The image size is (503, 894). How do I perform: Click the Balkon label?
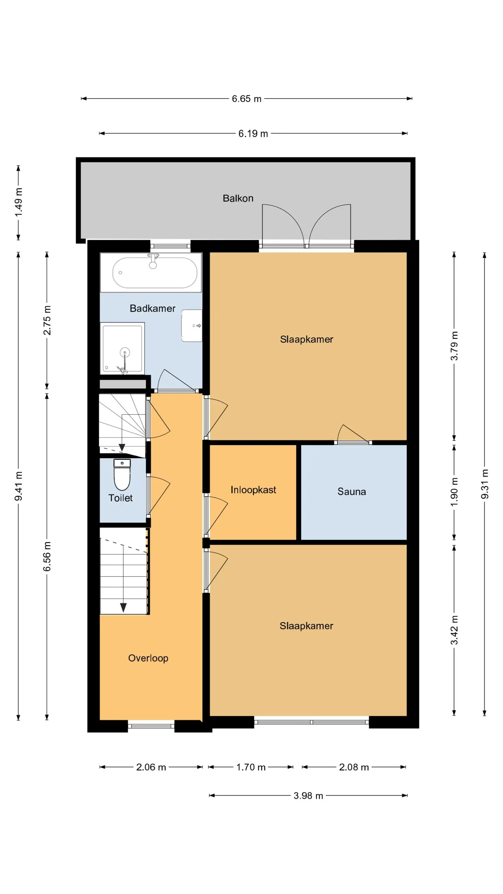(x=238, y=198)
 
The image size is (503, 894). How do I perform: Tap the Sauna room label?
(x=352, y=491)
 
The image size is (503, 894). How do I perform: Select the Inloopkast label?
(x=253, y=490)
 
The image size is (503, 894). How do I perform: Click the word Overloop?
(x=148, y=658)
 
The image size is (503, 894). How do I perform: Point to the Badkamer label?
(x=152, y=308)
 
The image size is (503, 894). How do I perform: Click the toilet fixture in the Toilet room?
(x=122, y=474)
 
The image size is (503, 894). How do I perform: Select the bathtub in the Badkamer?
(x=151, y=272)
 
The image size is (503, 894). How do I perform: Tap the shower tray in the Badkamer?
(x=122, y=348)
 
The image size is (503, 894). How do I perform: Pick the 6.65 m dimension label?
(x=246, y=99)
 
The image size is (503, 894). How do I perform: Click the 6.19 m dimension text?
(x=253, y=134)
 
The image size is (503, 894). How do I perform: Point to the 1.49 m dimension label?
(x=18, y=202)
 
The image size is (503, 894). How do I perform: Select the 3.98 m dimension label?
(x=308, y=796)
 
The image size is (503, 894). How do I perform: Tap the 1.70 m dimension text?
(x=251, y=767)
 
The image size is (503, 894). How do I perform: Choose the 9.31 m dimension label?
(x=485, y=484)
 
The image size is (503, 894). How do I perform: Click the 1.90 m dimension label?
(x=454, y=492)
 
